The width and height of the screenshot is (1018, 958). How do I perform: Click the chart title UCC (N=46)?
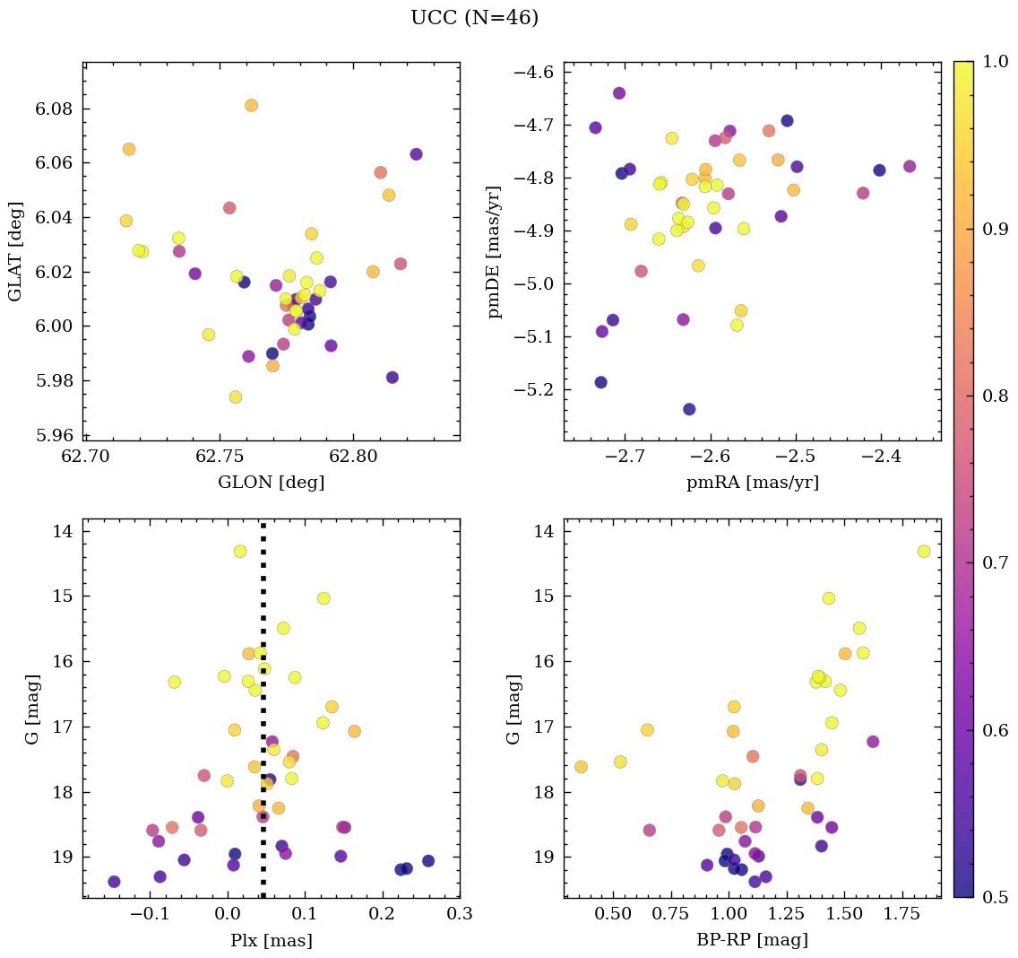474,18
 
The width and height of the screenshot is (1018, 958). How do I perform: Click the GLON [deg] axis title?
271,483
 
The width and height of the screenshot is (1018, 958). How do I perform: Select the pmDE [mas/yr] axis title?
494,251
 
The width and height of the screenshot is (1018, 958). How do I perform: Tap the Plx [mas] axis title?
271,940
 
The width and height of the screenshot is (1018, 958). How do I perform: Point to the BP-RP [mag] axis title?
752,940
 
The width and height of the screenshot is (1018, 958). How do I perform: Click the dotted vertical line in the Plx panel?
263,718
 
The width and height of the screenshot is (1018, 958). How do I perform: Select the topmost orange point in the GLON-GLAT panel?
251,106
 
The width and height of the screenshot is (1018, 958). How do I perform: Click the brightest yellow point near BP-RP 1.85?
923,551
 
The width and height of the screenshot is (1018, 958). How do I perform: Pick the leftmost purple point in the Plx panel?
114,882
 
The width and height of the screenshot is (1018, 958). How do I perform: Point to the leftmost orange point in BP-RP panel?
581,767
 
